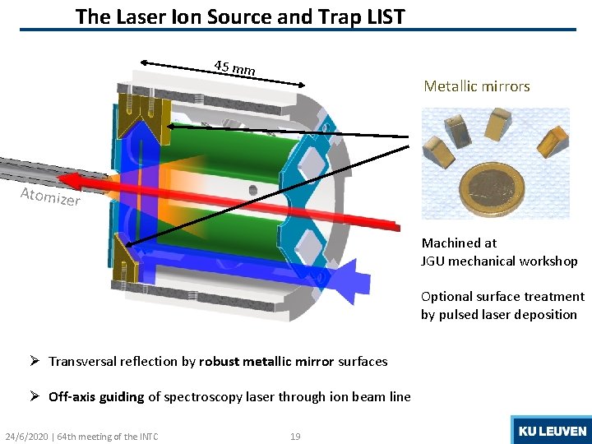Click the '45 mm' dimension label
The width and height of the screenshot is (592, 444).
[234, 68]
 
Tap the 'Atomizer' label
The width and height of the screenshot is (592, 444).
[50, 197]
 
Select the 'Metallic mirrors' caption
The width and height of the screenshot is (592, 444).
[476, 86]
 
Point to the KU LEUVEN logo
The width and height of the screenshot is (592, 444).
[551, 431]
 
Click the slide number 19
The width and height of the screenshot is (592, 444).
[295, 436]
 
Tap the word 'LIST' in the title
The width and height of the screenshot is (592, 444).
[382, 16]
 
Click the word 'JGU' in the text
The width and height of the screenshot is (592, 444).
[436, 261]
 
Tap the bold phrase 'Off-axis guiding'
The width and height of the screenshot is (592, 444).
[96, 397]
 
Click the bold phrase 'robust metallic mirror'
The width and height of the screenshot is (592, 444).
[266, 362]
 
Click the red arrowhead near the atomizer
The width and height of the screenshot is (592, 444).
[72, 180]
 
